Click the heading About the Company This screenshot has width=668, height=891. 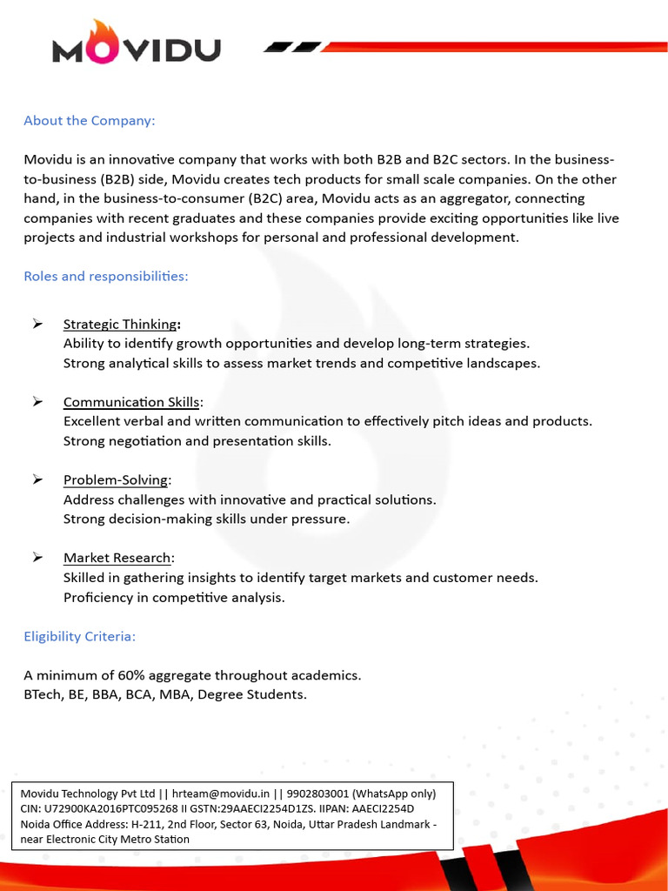89,120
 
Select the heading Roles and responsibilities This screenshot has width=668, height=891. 105,276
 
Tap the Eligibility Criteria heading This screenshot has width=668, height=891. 79,636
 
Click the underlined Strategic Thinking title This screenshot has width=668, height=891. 119,325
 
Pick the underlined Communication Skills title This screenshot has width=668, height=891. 130,402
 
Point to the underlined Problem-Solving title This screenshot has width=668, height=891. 116,480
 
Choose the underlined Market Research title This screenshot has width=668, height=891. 117,558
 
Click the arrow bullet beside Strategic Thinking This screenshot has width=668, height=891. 37,324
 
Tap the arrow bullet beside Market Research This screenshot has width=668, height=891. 37,557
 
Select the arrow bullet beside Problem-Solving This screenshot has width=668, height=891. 37,479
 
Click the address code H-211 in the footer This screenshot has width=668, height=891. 148,823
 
